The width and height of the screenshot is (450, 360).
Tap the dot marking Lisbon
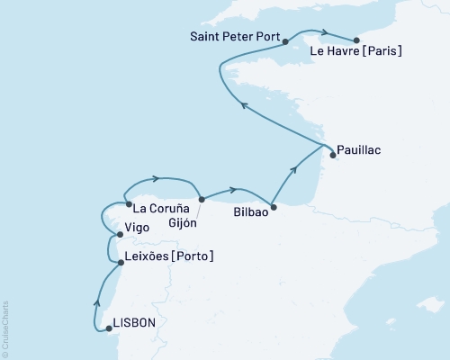click(107, 328)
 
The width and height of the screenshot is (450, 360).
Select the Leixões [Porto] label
click(170, 256)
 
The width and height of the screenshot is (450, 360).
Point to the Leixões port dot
click(121, 263)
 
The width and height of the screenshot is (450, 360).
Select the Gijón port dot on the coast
click(202, 199)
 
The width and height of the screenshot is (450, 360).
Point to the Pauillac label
click(360, 150)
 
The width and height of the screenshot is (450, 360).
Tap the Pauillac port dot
click(333, 155)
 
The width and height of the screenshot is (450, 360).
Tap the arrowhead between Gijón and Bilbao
click(234, 190)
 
